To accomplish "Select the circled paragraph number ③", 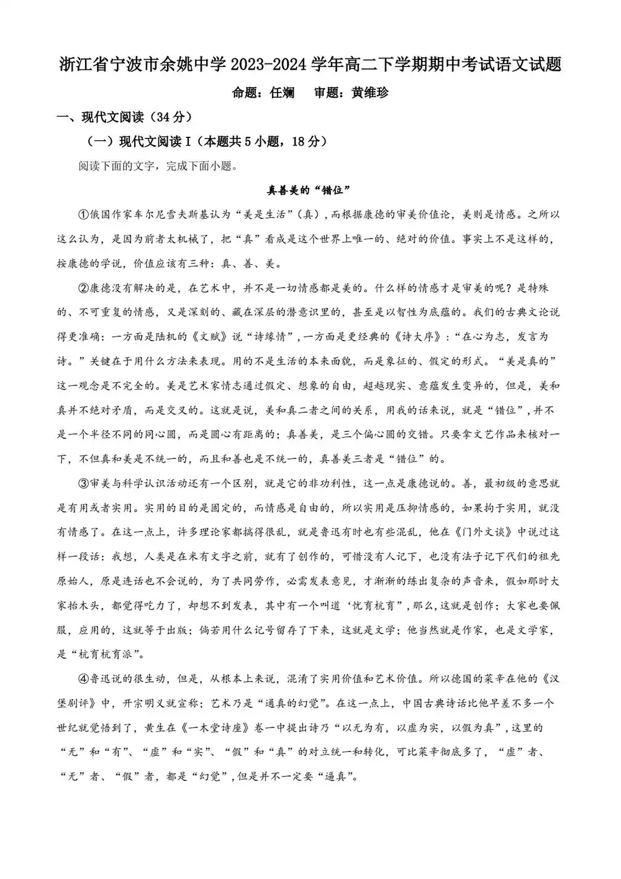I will click(84, 483).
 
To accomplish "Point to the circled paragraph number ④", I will click(84, 678).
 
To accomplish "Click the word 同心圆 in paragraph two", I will click(176, 435).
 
